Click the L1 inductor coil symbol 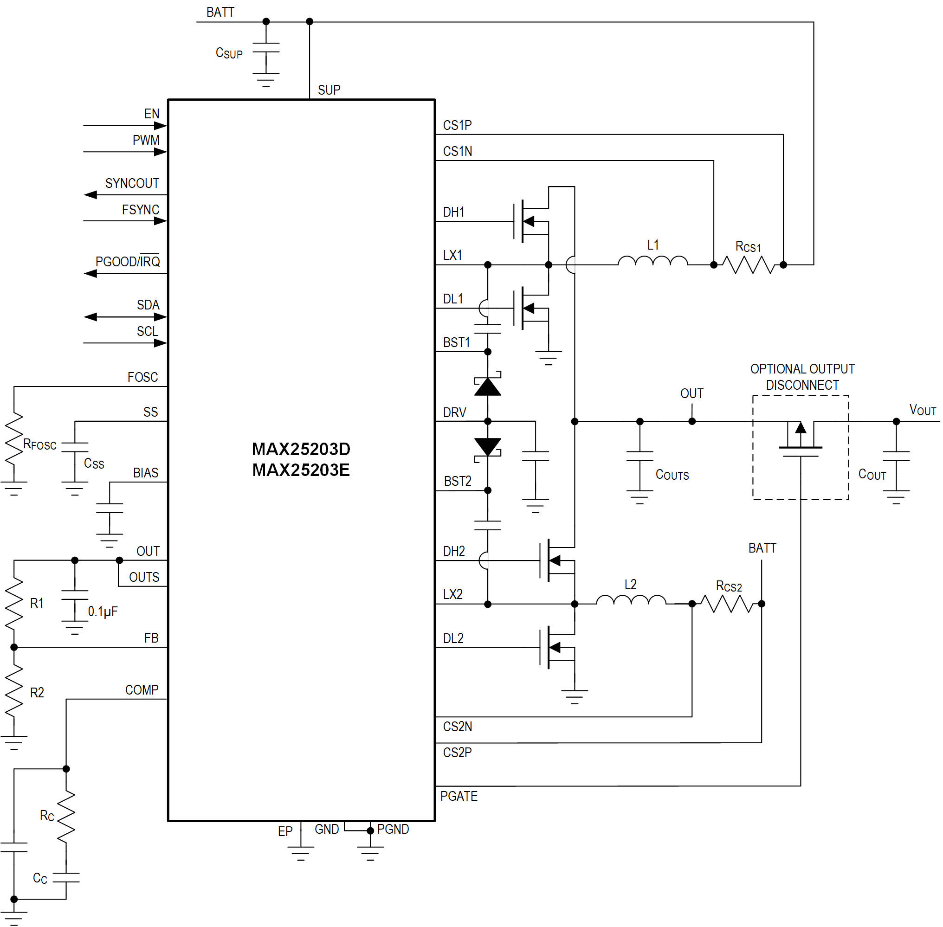point(652,262)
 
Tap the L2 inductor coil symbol point(630,600)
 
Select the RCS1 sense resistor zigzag point(748,265)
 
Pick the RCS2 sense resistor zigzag point(727,604)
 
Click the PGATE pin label point(459,796)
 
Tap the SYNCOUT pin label point(132,184)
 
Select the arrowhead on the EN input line point(160,126)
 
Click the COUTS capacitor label point(672,475)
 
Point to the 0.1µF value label point(103,612)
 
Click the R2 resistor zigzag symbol point(14,692)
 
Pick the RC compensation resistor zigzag point(66,817)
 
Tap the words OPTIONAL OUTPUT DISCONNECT point(802,377)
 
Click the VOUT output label point(922,410)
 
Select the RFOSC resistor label point(40,444)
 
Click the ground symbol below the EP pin point(301,852)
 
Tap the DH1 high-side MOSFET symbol point(531,221)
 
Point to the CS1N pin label point(457,151)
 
